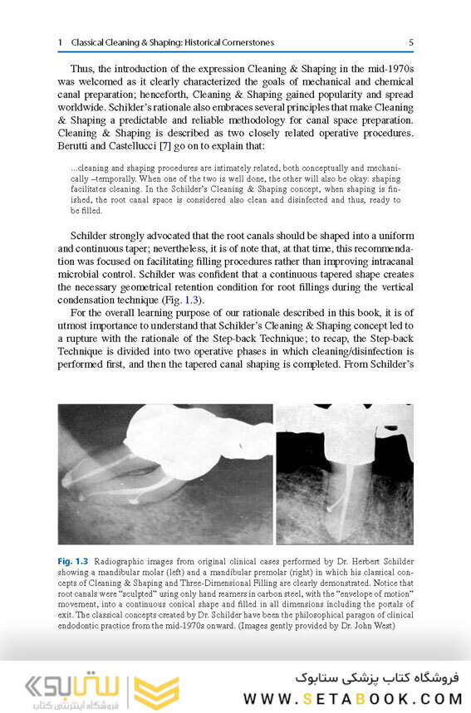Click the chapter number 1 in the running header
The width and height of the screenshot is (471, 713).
(60, 42)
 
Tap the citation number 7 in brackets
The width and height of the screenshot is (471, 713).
(163, 146)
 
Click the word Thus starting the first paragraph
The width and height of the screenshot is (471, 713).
(83, 66)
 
